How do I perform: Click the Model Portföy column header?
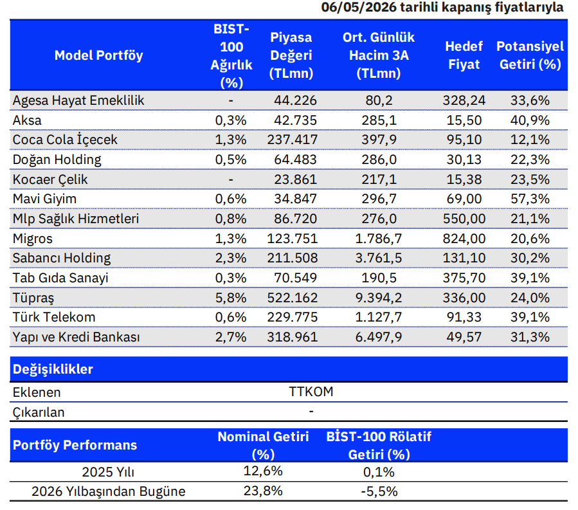pyautogui.click(x=98, y=55)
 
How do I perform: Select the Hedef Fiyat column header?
pyautogui.click(x=464, y=55)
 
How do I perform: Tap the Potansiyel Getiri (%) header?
pyautogui.click(x=530, y=55)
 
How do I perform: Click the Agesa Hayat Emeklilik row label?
pyautogui.click(x=78, y=100)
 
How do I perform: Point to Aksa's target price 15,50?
pyautogui.click(x=464, y=120)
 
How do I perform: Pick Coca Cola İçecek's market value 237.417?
pyautogui.click(x=292, y=140)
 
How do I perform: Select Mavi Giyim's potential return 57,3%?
pyautogui.click(x=530, y=199)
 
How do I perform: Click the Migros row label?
pyautogui.click(x=32, y=239)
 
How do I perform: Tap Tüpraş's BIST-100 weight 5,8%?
pyautogui.click(x=231, y=298)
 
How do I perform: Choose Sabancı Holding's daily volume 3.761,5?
pyautogui.click(x=379, y=258)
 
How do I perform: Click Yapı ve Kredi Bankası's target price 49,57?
pyautogui.click(x=464, y=337)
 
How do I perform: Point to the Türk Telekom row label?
pyautogui.click(x=54, y=317)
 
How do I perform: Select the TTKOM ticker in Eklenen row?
pyautogui.click(x=311, y=392)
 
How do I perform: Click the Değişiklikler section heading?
pyautogui.click(x=53, y=369)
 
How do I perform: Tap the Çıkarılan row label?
pyautogui.click(x=39, y=412)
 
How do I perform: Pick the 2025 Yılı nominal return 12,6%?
pyautogui.click(x=263, y=471)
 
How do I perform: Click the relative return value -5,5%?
pyautogui.click(x=379, y=491)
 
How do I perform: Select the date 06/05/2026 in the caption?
pyautogui.click(x=359, y=7)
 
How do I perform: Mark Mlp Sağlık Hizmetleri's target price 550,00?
pyautogui.click(x=464, y=219)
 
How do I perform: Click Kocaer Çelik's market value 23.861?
pyautogui.click(x=295, y=179)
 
